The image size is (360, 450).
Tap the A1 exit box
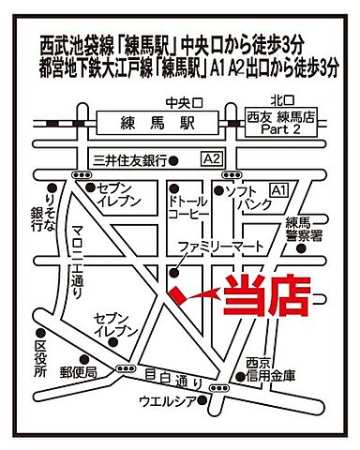pyautogui.click(x=278, y=190)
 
